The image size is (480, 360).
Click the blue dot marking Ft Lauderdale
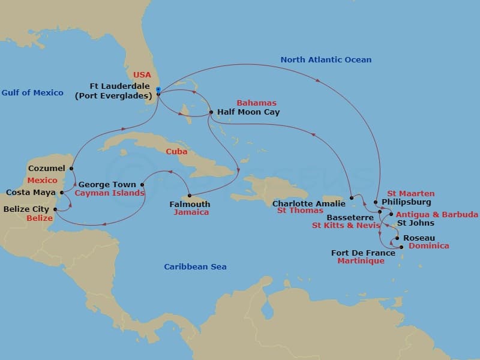point(158,93)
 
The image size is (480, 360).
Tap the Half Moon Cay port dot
point(211,112)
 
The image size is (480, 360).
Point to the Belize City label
point(27,209)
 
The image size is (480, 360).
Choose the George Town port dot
point(142,185)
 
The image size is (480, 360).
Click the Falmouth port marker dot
point(190,196)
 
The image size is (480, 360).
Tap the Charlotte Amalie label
point(309,203)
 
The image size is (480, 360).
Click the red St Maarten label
point(410,193)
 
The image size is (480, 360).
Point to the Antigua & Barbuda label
point(437,214)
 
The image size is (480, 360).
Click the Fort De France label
point(363,253)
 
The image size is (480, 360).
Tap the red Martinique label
point(361,261)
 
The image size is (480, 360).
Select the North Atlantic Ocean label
point(326,59)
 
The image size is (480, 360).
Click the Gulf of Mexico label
point(32,92)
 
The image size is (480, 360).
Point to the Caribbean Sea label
point(196,266)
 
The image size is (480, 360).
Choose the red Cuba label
point(177,151)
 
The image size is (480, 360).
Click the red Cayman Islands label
point(109,193)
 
